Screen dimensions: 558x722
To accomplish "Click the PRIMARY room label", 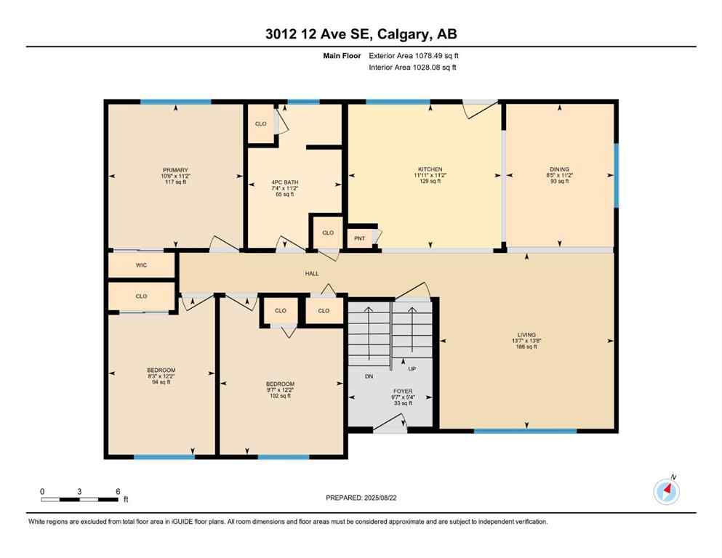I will point(175,170).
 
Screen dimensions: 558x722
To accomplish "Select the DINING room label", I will point(559,169).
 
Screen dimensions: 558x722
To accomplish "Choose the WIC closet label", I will point(141,265).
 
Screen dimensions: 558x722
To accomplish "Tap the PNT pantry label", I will point(359,238).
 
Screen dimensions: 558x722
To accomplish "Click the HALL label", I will point(311,274).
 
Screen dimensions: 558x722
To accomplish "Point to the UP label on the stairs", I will point(412,368).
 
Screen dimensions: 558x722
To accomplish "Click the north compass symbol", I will point(666,492).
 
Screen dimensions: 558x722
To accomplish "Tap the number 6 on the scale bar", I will point(118,490).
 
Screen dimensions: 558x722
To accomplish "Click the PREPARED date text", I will point(361,498).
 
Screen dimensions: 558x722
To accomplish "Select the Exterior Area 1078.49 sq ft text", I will point(414,55).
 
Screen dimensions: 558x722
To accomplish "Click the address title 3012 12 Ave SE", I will point(361,33).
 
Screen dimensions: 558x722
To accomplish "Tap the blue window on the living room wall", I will point(525,431).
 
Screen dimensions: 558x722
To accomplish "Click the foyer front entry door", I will point(390,429).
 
